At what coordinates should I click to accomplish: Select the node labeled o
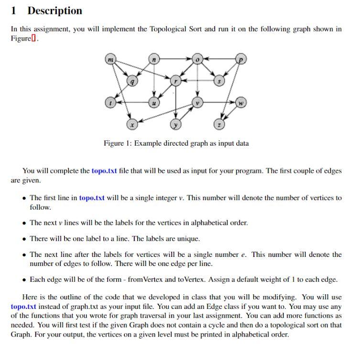click(197, 60)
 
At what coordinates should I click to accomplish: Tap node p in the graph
click(241, 60)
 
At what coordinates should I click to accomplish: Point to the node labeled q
click(132, 82)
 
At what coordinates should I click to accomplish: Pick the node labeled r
click(176, 82)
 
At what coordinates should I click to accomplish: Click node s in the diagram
click(219, 82)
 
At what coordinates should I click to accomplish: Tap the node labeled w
click(241, 103)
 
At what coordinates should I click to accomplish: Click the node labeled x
click(132, 125)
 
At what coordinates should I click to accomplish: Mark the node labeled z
click(219, 125)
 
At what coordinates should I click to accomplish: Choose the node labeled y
click(176, 125)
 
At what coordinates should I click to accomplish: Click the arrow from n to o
click(175, 60)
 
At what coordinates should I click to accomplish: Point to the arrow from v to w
click(219, 103)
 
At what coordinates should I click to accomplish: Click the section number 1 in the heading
click(14, 11)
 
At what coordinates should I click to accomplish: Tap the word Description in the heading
click(55, 11)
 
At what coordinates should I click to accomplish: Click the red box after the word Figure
click(33, 39)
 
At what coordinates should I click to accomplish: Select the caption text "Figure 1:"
click(118, 143)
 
